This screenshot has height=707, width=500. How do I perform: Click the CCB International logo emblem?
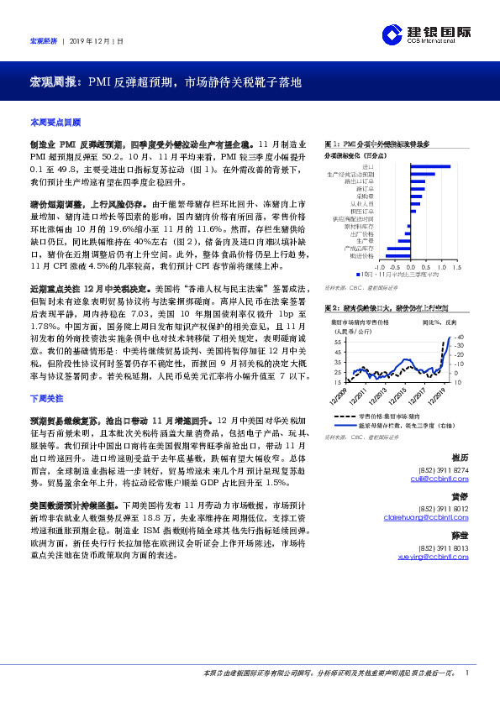392,34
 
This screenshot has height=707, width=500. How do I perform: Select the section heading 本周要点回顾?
55,122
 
